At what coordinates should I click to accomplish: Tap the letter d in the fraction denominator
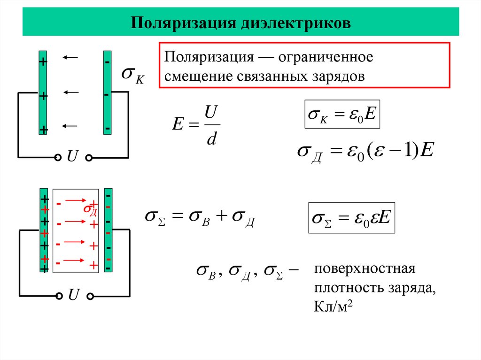pyautogui.click(x=211, y=140)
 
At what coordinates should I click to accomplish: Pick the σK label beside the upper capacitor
pyautogui.click(x=132, y=75)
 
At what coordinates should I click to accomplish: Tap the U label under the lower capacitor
pyautogui.click(x=74, y=295)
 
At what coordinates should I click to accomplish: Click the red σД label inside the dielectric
pyautogui.click(x=90, y=209)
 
